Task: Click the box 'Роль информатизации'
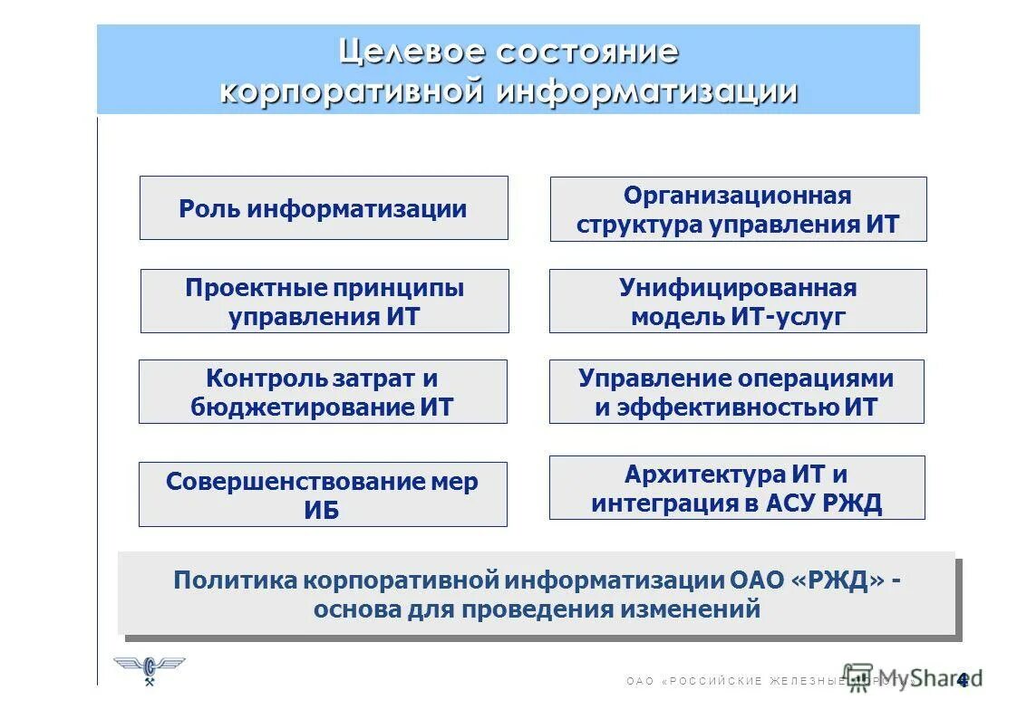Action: [324, 208]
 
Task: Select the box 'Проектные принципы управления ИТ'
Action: [324, 302]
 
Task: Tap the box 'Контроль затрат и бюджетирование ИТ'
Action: [323, 392]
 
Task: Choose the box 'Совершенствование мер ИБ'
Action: [323, 494]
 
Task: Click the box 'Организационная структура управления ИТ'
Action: [738, 209]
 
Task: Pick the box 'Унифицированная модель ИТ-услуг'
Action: [738, 302]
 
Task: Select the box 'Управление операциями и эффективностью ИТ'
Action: [736, 392]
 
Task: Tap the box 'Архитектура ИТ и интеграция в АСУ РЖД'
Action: [737, 488]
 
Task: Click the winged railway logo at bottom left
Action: [150, 670]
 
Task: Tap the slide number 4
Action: [963, 679]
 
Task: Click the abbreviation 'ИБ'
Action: [322, 510]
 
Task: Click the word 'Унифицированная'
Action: [738, 288]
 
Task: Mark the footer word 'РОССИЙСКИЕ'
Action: [713, 681]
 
